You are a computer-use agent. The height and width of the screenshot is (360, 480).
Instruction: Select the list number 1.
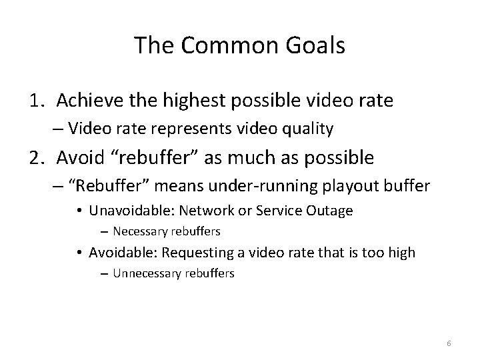[35, 101]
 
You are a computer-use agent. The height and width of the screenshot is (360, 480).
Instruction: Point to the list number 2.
[35, 158]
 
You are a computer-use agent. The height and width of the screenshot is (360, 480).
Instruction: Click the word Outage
[330, 211]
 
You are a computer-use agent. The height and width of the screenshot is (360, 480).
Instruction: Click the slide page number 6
[449, 343]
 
